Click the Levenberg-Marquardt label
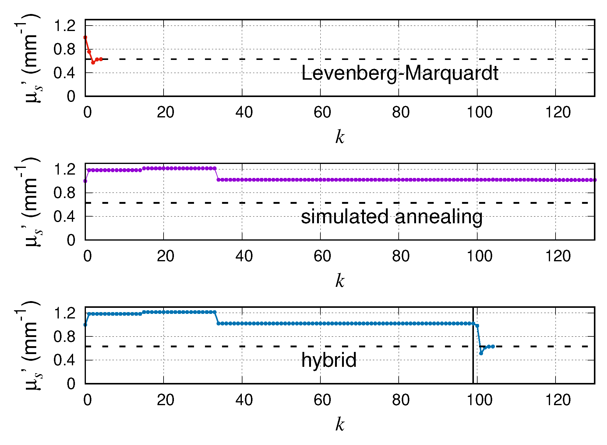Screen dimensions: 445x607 pos(399,73)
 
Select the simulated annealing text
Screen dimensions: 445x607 pos(392,217)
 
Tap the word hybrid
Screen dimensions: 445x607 pos(329,360)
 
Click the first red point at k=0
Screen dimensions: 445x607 pos(85,37)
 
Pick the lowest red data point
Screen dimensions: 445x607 pos(93,63)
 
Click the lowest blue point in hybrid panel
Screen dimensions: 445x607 pos(481,353)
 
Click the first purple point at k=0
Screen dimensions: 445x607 pos(85,181)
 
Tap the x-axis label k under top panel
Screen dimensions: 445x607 pos(340,137)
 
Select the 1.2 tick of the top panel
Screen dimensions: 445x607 pos(64,26)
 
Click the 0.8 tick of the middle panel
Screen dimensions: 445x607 pos(64,193)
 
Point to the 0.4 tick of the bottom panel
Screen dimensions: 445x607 pos(64,360)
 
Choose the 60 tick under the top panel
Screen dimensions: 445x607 pos(322,113)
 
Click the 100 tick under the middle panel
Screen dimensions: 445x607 pos(479,256)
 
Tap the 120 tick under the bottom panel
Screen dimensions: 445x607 pos(558,400)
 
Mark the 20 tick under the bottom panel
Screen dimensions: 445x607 pos(165,400)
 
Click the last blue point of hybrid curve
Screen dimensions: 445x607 pos(493,346)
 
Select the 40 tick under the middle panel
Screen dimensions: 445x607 pos(244,256)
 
